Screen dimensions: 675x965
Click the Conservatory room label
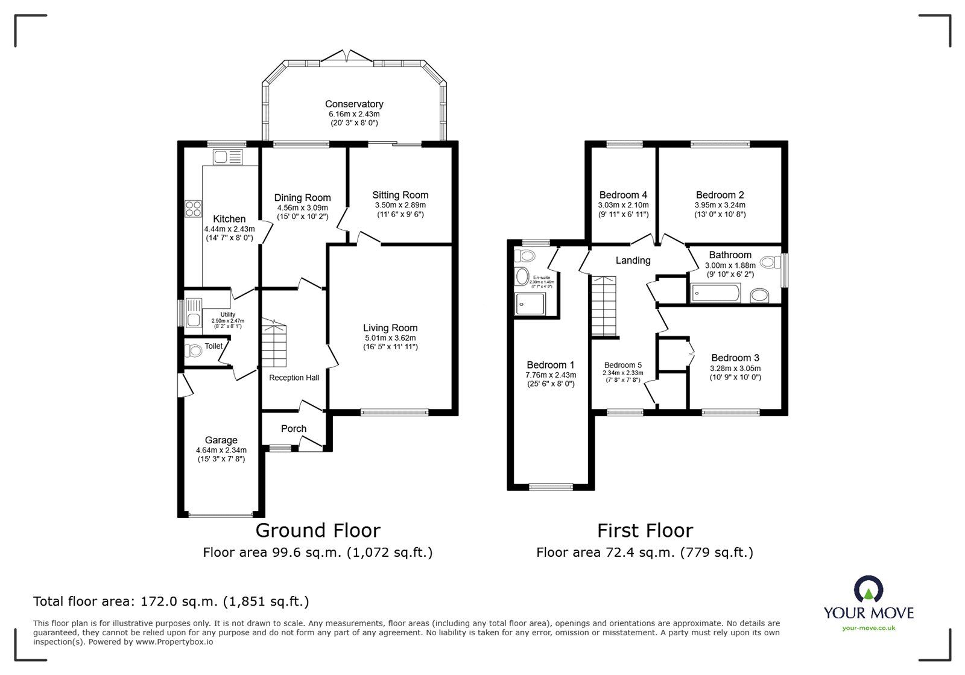coord(354,104)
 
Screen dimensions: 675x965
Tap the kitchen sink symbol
coord(227,158)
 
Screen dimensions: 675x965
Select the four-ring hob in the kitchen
coord(194,208)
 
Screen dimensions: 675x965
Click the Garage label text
coord(221,440)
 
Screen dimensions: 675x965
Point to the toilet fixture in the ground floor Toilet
coord(194,350)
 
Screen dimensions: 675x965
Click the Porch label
coord(294,429)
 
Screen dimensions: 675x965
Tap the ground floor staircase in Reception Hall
coord(274,344)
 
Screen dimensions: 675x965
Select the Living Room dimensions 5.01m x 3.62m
coord(390,338)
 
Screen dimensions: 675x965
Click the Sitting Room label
coord(400,195)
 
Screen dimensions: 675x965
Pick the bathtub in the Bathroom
coord(715,294)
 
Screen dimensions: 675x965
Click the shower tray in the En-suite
coord(530,303)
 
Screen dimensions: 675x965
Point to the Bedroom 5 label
coord(623,365)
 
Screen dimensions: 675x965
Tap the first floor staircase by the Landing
coord(604,305)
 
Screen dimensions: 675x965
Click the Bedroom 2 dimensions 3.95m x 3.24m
coord(720,205)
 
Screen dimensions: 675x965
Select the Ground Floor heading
coord(318,530)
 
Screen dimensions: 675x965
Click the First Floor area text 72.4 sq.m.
coord(645,552)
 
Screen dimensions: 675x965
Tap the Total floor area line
coord(171,601)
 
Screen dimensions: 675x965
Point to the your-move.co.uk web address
coord(868,628)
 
